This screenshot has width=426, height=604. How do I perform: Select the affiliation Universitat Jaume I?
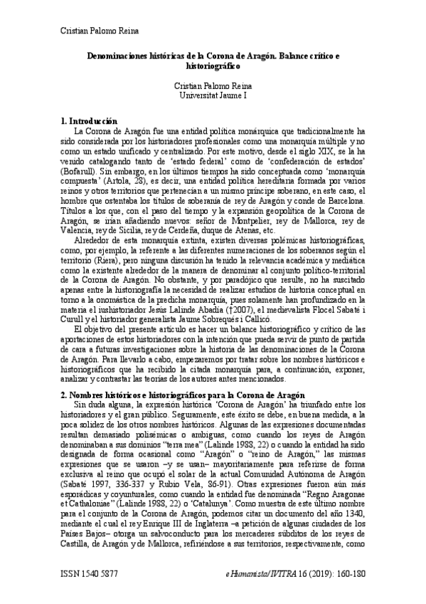[213, 94]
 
